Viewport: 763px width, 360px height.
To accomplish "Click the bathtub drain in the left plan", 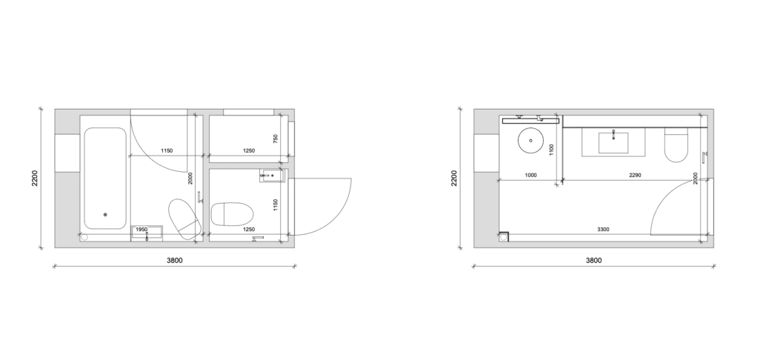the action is pyautogui.click(x=105, y=215).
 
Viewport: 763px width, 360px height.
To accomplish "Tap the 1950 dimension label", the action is pyautogui.click(x=141, y=229).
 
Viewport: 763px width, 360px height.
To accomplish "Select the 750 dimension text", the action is pyautogui.click(x=276, y=139).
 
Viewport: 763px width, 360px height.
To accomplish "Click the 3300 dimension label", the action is pyautogui.click(x=603, y=229).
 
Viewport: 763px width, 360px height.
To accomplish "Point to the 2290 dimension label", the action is pyautogui.click(x=635, y=175).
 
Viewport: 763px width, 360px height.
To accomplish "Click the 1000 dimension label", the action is pyautogui.click(x=530, y=175).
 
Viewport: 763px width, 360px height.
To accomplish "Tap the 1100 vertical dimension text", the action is pyautogui.click(x=551, y=150).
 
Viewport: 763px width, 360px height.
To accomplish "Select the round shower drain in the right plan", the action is pyautogui.click(x=530, y=140).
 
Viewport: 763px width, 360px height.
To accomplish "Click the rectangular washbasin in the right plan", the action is pyautogui.click(x=613, y=142).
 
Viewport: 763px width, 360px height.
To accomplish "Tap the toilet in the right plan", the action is pyautogui.click(x=676, y=144).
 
